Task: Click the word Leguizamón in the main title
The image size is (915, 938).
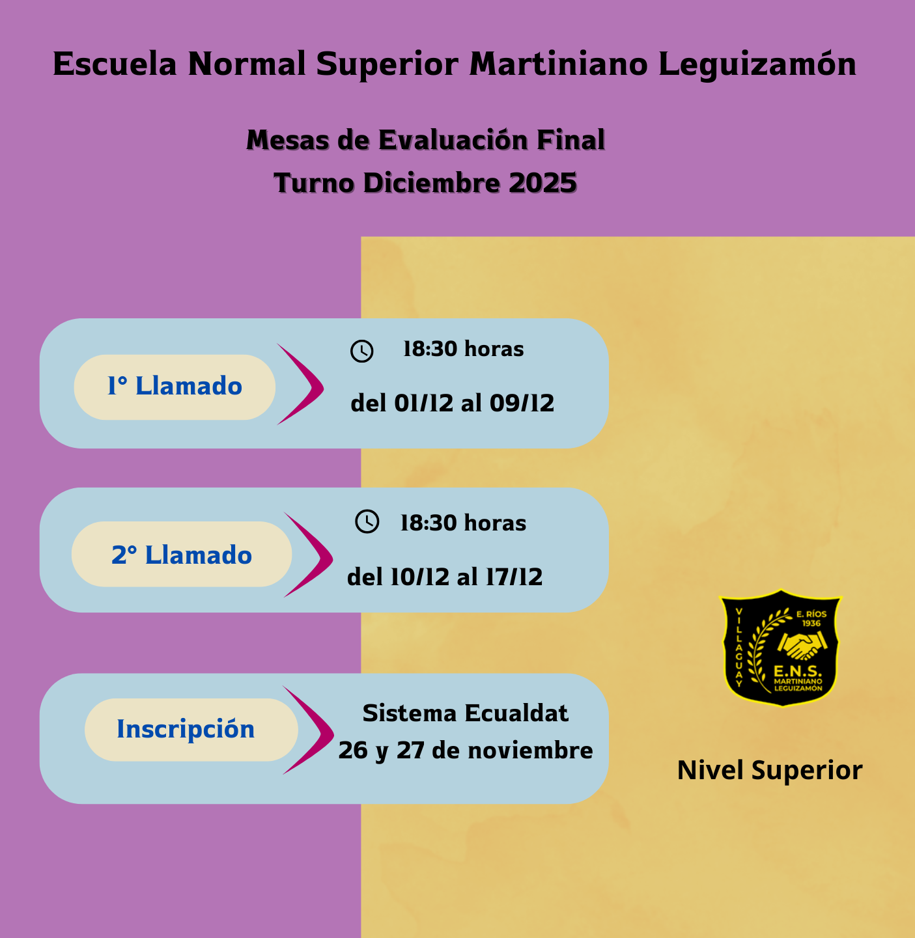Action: click(x=757, y=64)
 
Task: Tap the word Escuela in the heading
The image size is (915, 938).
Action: click(x=115, y=64)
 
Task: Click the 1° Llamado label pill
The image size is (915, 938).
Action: click(x=175, y=387)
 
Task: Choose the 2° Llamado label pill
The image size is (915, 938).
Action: click(x=181, y=555)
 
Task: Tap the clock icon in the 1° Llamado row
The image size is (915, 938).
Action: click(x=361, y=351)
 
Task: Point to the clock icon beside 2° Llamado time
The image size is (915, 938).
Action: click(x=367, y=521)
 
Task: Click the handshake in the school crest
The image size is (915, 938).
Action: click(x=802, y=646)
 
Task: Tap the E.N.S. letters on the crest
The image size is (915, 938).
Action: click(x=797, y=671)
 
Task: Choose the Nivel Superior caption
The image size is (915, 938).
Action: click(x=769, y=770)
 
